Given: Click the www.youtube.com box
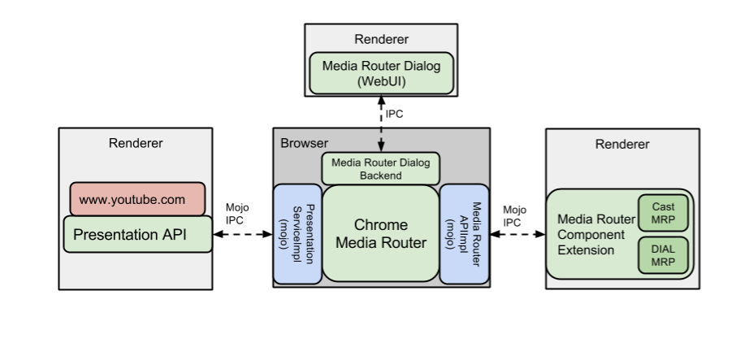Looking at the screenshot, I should [x=136, y=199].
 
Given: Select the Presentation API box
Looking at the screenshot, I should [x=137, y=235].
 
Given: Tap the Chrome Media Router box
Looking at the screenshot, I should [x=381, y=233].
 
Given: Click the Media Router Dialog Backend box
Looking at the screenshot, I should [x=381, y=169].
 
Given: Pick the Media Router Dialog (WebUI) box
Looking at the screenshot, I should [x=381, y=73].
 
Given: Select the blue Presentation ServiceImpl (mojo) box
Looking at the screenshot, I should [x=297, y=234].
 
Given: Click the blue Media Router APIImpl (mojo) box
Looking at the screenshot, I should [x=464, y=234].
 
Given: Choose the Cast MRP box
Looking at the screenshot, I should [x=663, y=213].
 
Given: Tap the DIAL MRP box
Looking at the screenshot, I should [x=663, y=256].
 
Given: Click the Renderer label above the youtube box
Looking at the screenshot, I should [x=135, y=144].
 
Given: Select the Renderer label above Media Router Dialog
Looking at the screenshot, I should [x=381, y=39].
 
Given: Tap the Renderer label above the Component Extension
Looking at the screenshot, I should [x=622, y=145].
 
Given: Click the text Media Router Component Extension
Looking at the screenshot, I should [x=596, y=235].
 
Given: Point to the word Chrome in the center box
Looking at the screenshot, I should [x=381, y=224].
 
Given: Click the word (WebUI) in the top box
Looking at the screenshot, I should [x=381, y=82].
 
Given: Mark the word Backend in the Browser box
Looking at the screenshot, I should [x=381, y=176].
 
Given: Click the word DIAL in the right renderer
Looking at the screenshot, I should [x=663, y=250].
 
